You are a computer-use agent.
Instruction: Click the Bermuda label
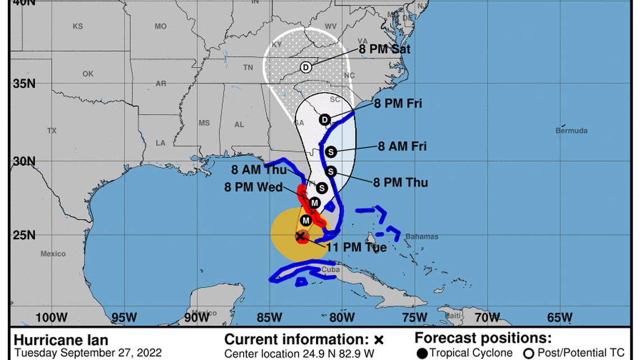(572, 131)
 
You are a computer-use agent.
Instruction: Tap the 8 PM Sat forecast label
(385, 49)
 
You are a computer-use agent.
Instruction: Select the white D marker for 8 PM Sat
(306, 67)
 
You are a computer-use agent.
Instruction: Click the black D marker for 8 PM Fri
(324, 120)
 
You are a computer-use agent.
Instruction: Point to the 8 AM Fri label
(402, 147)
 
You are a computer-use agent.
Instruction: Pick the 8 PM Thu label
(400, 183)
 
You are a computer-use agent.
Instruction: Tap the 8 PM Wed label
(254, 188)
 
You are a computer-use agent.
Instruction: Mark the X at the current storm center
(301, 236)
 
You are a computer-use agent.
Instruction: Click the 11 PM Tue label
(356, 247)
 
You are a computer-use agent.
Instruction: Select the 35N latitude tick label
(24, 84)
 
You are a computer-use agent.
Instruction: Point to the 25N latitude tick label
(24, 234)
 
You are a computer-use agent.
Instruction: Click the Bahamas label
(422, 236)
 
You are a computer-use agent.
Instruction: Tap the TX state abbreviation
(52, 131)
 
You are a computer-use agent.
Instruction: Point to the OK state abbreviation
(88, 74)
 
